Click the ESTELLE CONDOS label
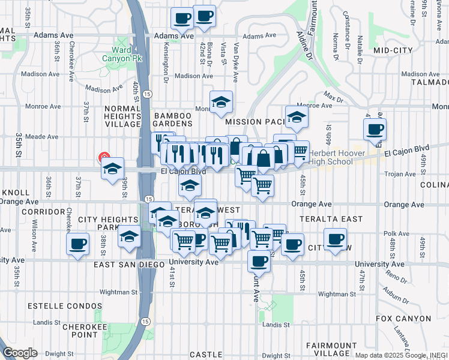tap(73, 306)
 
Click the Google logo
tap(20, 353)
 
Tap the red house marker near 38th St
tap(103, 158)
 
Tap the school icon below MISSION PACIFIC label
tap(297, 118)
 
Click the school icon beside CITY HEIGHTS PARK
tap(129, 237)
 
